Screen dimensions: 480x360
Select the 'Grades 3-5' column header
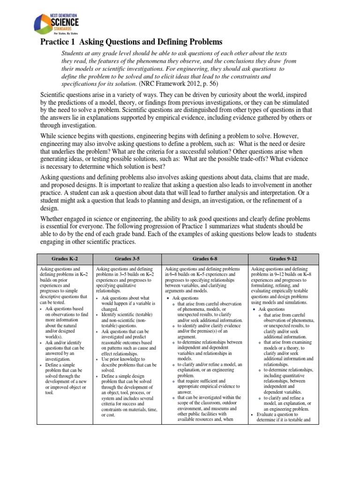click(x=127, y=258)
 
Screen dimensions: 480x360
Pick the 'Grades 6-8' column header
click(x=204, y=258)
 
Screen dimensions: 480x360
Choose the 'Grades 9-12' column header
click(x=283, y=258)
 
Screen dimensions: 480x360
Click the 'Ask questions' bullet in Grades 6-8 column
click(x=185, y=298)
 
